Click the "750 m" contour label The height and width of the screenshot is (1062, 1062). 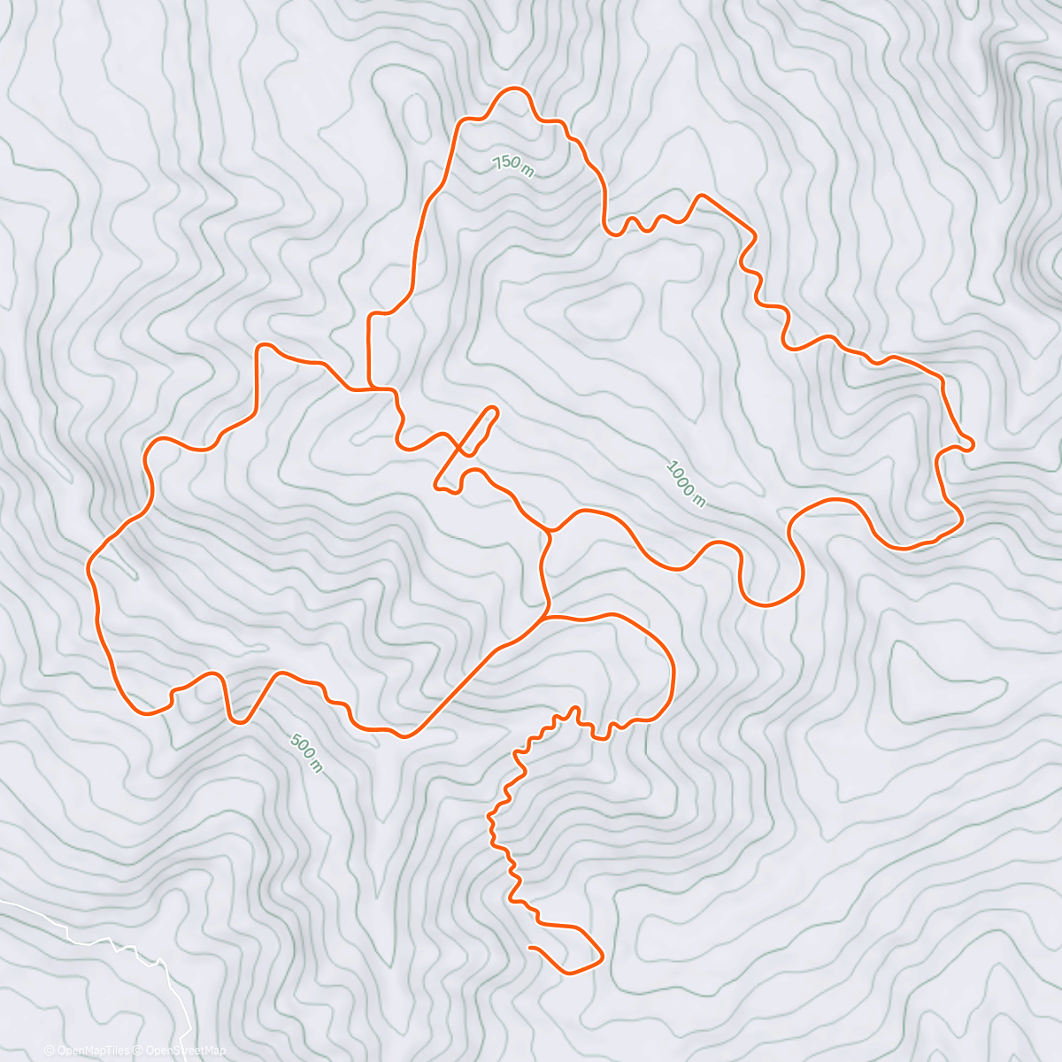(513, 165)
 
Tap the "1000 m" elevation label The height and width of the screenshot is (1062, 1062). (686, 483)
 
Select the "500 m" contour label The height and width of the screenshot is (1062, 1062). (306, 752)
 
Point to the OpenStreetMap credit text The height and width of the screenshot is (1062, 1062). (181, 1050)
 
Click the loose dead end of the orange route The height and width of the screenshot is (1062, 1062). (529, 948)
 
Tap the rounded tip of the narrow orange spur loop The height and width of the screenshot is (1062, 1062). (493, 412)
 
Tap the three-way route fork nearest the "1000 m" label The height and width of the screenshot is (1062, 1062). (550, 531)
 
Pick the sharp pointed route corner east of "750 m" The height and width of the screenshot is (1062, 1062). (702, 196)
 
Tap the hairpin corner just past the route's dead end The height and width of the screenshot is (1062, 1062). (601, 956)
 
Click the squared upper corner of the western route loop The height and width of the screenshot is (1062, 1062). (259, 347)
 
